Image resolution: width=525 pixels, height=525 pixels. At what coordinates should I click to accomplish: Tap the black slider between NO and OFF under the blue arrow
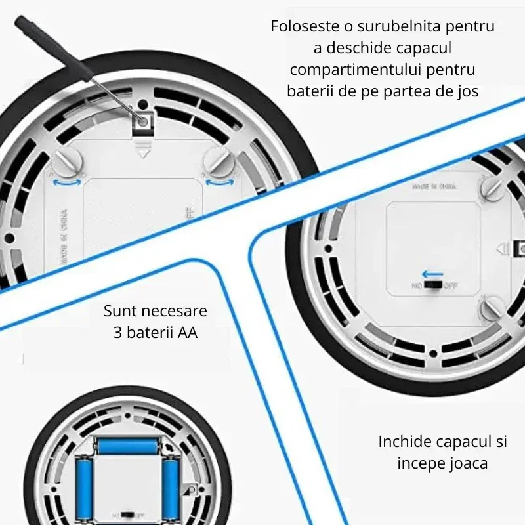click(432, 286)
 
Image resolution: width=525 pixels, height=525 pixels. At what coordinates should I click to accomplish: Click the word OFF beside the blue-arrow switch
click(451, 286)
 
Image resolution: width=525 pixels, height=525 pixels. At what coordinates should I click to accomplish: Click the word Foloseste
click(303, 27)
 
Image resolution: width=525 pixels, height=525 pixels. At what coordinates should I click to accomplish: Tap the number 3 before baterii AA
click(117, 332)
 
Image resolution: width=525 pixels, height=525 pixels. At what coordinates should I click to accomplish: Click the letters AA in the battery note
click(187, 332)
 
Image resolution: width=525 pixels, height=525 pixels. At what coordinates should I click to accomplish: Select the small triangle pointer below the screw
click(142, 153)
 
